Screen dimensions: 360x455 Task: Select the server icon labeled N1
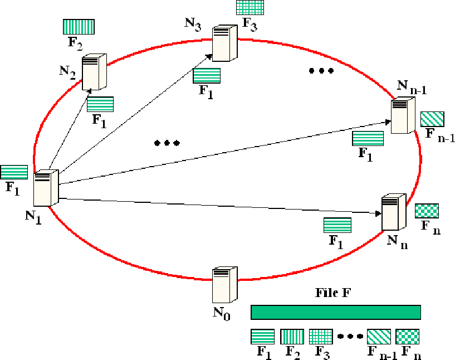[46, 189]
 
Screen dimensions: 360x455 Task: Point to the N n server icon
[394, 213]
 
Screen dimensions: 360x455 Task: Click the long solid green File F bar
[336, 312]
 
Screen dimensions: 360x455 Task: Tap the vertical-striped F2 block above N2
[79, 27]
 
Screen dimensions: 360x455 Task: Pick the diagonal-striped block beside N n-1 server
[432, 119]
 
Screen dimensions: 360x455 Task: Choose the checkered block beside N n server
[427, 211]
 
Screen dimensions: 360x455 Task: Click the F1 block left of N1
[14, 172]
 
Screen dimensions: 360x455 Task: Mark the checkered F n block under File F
[408, 337]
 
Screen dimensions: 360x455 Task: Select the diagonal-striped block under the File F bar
[379, 337]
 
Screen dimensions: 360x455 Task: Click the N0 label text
[221, 312]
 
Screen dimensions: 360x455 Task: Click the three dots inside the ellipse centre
[167, 143]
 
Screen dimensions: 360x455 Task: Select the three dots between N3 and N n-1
[321, 71]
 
